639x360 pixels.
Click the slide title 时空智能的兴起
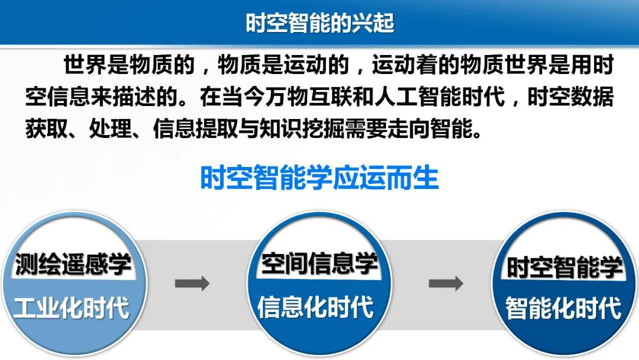click(x=319, y=23)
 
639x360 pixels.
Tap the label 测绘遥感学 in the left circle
click(x=72, y=265)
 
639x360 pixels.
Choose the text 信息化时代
click(x=316, y=308)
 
